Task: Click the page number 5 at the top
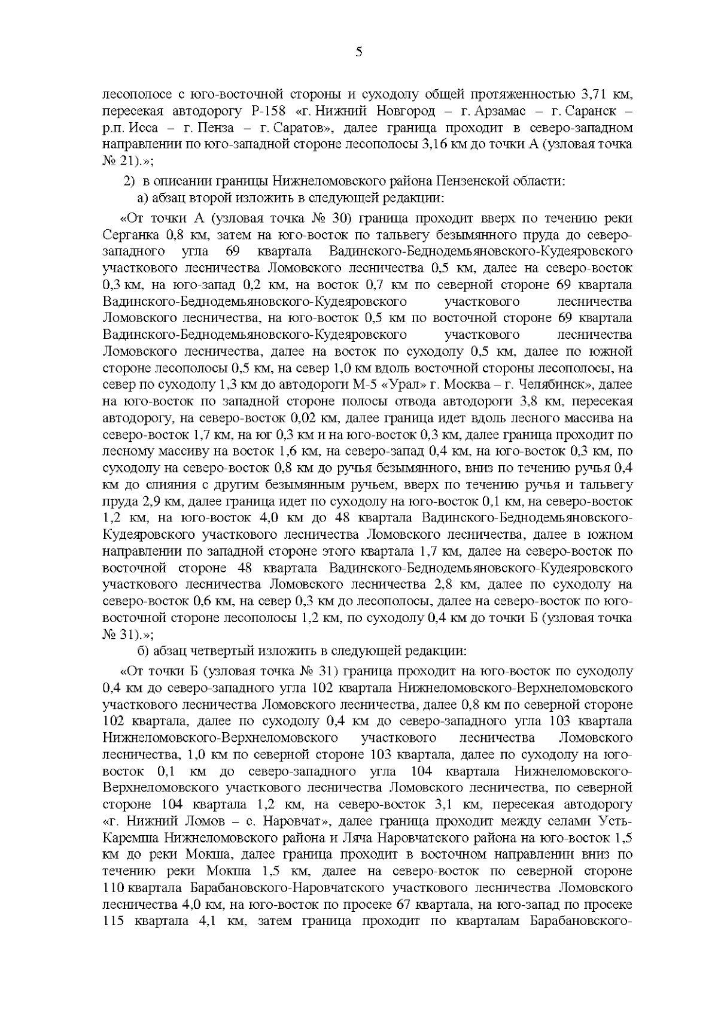pyautogui.click(x=358, y=52)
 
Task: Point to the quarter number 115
pyautogui.click(x=113, y=920)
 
